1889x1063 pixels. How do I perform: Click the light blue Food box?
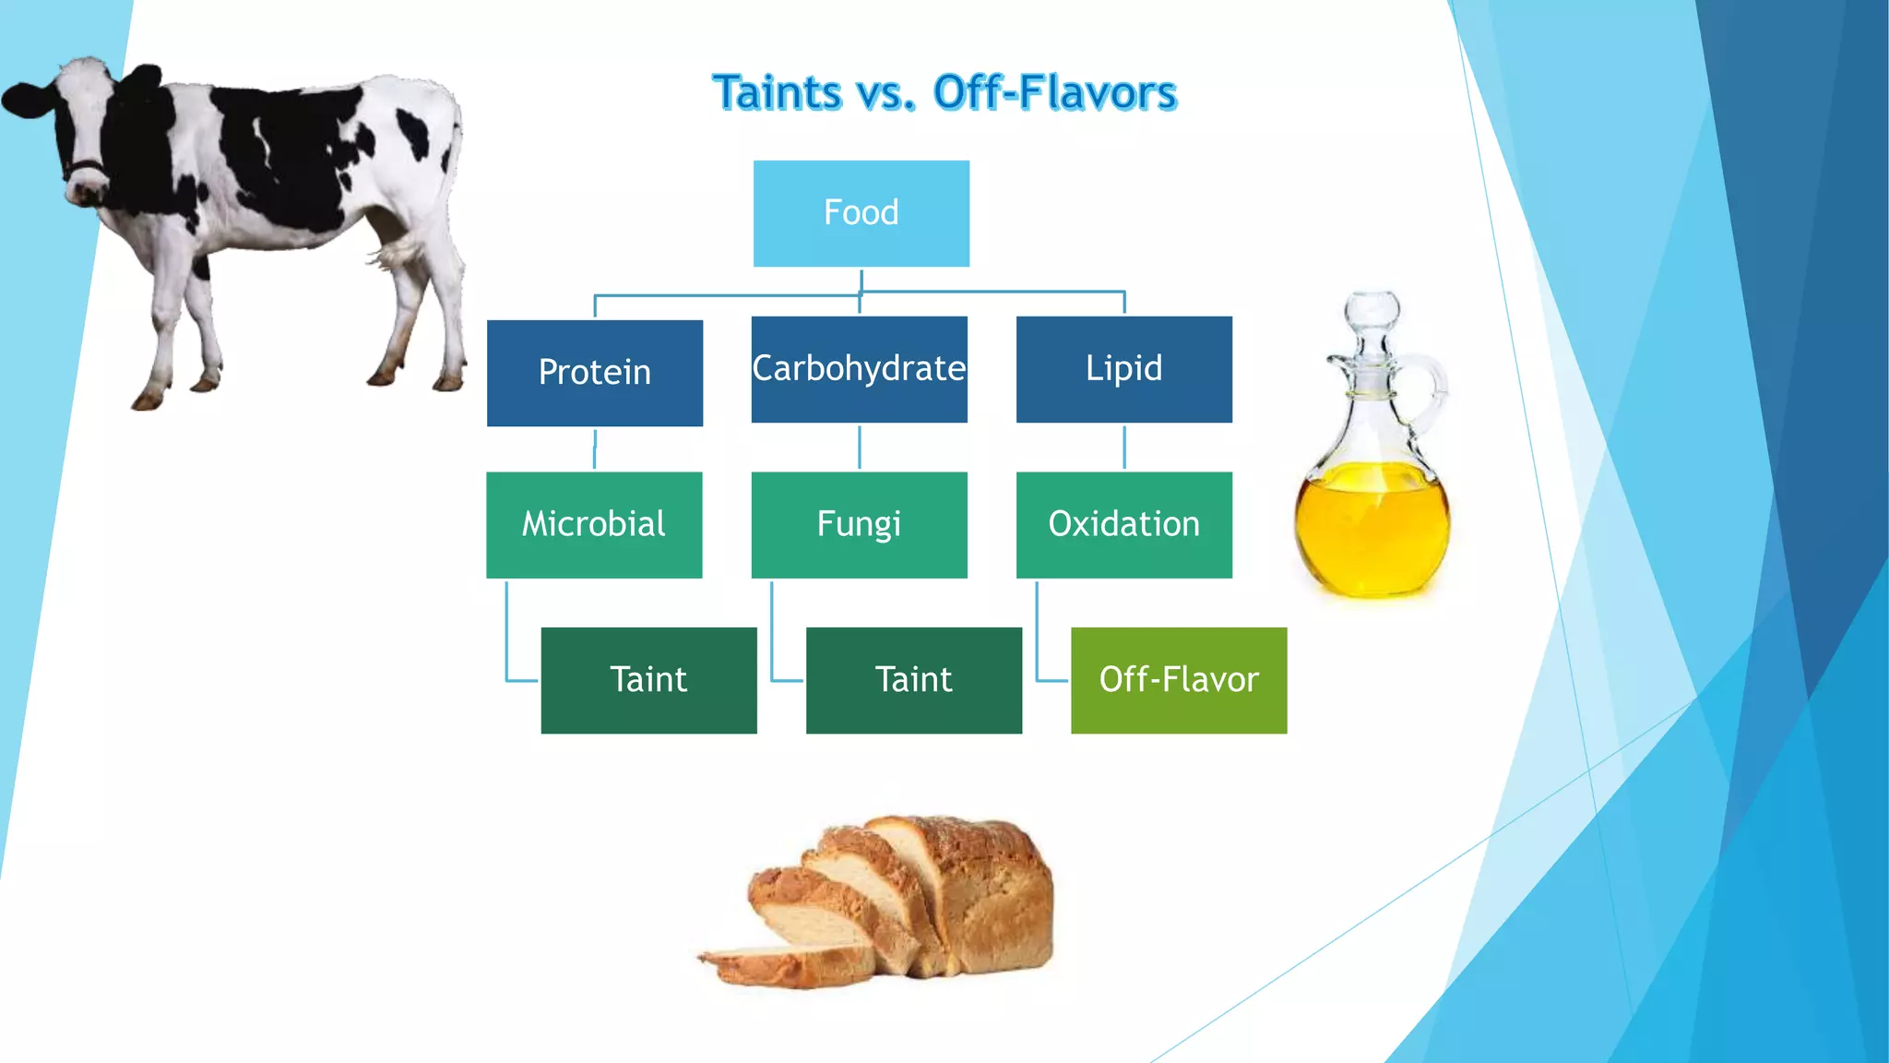[x=861, y=213]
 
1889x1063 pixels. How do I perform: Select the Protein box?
[x=594, y=373]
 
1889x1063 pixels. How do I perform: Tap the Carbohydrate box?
[x=859, y=369]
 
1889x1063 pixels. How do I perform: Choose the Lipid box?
[x=1123, y=369]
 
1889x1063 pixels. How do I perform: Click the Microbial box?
[x=593, y=524]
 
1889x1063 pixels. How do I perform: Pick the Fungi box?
[x=859, y=524]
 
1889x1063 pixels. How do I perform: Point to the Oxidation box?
[x=1123, y=524]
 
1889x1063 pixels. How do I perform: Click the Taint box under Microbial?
[x=648, y=680]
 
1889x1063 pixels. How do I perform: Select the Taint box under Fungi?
[x=913, y=680]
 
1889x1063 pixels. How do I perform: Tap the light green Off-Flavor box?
[x=1178, y=680]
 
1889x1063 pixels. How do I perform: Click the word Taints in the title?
[x=778, y=93]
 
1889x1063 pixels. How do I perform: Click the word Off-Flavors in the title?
[x=1054, y=93]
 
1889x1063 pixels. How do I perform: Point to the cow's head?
[x=78, y=129]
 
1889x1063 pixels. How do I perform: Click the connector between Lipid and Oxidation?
[x=1123, y=448]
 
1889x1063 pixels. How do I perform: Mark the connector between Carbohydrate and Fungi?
[x=859, y=448]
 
